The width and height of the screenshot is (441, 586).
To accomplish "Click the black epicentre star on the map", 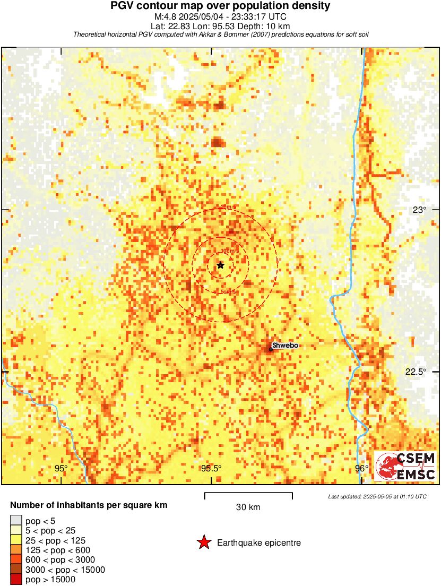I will [220, 265].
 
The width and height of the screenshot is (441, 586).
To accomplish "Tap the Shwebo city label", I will [285, 346].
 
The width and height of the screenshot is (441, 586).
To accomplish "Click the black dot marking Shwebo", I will [271, 349].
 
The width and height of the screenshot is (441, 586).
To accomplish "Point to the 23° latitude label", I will [419, 210].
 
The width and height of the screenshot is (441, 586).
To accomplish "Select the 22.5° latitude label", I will [416, 372].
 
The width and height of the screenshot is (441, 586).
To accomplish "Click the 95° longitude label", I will [62, 468].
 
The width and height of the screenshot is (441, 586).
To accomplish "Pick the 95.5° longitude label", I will [211, 468].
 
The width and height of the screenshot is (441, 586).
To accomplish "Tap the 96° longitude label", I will [361, 468].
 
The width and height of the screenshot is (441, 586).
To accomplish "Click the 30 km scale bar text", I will [248, 507].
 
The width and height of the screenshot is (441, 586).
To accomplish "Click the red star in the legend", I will [203, 542].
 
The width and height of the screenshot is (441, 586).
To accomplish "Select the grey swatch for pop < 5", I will [16, 520].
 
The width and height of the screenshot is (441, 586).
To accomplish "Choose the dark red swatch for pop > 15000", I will [16, 580].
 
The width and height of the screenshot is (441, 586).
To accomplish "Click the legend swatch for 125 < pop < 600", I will [16, 550].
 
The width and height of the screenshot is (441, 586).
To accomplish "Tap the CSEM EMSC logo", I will [406, 466].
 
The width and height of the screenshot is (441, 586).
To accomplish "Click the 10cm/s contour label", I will [229, 251].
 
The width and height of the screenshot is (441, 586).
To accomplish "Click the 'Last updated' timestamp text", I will [377, 496].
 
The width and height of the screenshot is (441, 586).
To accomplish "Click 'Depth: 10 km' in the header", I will [271, 25].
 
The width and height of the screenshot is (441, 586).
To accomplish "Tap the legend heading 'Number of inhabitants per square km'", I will [89, 505].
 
